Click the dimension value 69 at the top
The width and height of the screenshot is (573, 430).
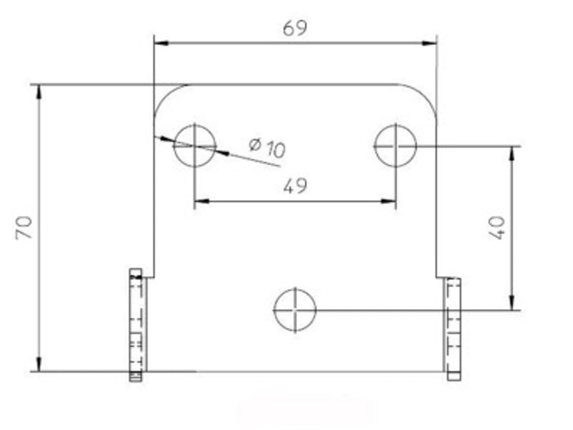(x=295, y=28)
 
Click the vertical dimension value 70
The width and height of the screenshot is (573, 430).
(x=24, y=229)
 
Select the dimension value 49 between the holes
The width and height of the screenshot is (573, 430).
(x=295, y=186)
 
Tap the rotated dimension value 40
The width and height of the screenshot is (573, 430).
(x=499, y=227)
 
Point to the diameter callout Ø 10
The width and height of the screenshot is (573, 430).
(x=267, y=148)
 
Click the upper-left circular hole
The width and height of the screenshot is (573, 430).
(x=195, y=145)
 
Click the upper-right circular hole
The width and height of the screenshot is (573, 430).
(x=395, y=145)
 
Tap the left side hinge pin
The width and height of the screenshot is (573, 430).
(x=136, y=324)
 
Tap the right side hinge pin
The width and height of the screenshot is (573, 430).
(x=453, y=328)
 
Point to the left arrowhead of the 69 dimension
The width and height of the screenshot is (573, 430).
(x=162, y=43)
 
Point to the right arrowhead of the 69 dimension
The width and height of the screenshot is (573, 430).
(x=430, y=43)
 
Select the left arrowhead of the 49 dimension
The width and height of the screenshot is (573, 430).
(x=201, y=201)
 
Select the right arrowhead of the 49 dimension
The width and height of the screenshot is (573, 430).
(x=389, y=201)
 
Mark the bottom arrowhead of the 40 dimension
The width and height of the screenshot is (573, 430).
(x=511, y=304)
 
